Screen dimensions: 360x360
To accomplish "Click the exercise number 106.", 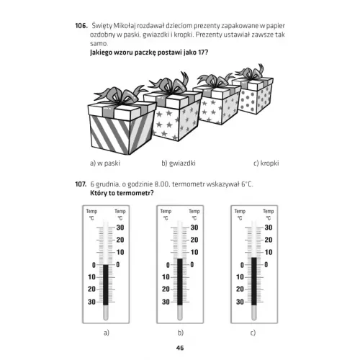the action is point(81,25).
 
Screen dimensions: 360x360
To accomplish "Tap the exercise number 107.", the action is point(81,184).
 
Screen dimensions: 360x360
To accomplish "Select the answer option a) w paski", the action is point(105,163).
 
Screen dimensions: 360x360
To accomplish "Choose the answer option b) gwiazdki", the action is point(179,163).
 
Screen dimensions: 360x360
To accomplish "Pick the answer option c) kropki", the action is point(266,163).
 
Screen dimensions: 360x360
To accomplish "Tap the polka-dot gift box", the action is point(254,96).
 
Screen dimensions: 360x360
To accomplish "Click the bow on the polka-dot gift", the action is point(251,71).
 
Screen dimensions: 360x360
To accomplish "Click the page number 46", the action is point(180,348).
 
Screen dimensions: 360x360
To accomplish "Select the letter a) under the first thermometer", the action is point(107,333).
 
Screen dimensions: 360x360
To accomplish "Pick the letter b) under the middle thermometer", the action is point(181,333).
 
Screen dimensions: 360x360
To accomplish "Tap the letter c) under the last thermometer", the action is point(253,333).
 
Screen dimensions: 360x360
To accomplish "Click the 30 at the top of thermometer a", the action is point(120,228).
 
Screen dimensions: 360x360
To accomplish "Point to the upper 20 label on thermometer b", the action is point(194,240).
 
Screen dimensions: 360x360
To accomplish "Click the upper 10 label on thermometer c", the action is point(269,252).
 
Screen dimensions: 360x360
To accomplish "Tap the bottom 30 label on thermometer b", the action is point(166,302).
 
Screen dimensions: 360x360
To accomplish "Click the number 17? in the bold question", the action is point(203,53).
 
